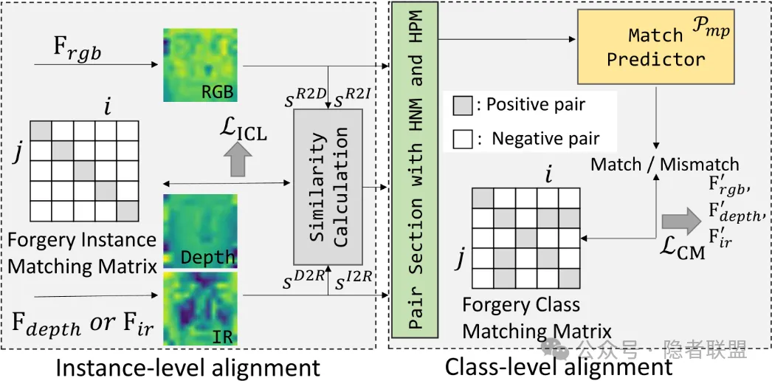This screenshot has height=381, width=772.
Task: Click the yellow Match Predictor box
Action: pos(655,47)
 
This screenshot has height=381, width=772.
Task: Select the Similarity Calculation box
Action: pos(328,186)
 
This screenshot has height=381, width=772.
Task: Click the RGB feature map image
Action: pos(200,66)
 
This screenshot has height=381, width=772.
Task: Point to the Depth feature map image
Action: pos(200,230)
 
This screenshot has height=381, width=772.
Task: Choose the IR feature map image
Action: pos(200,307)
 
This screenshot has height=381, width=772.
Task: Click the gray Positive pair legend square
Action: pos(462,105)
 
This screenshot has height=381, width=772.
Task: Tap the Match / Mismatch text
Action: pos(664,164)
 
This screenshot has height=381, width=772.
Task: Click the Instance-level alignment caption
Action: pos(188,367)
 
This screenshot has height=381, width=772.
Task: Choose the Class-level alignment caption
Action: pos(559,366)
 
